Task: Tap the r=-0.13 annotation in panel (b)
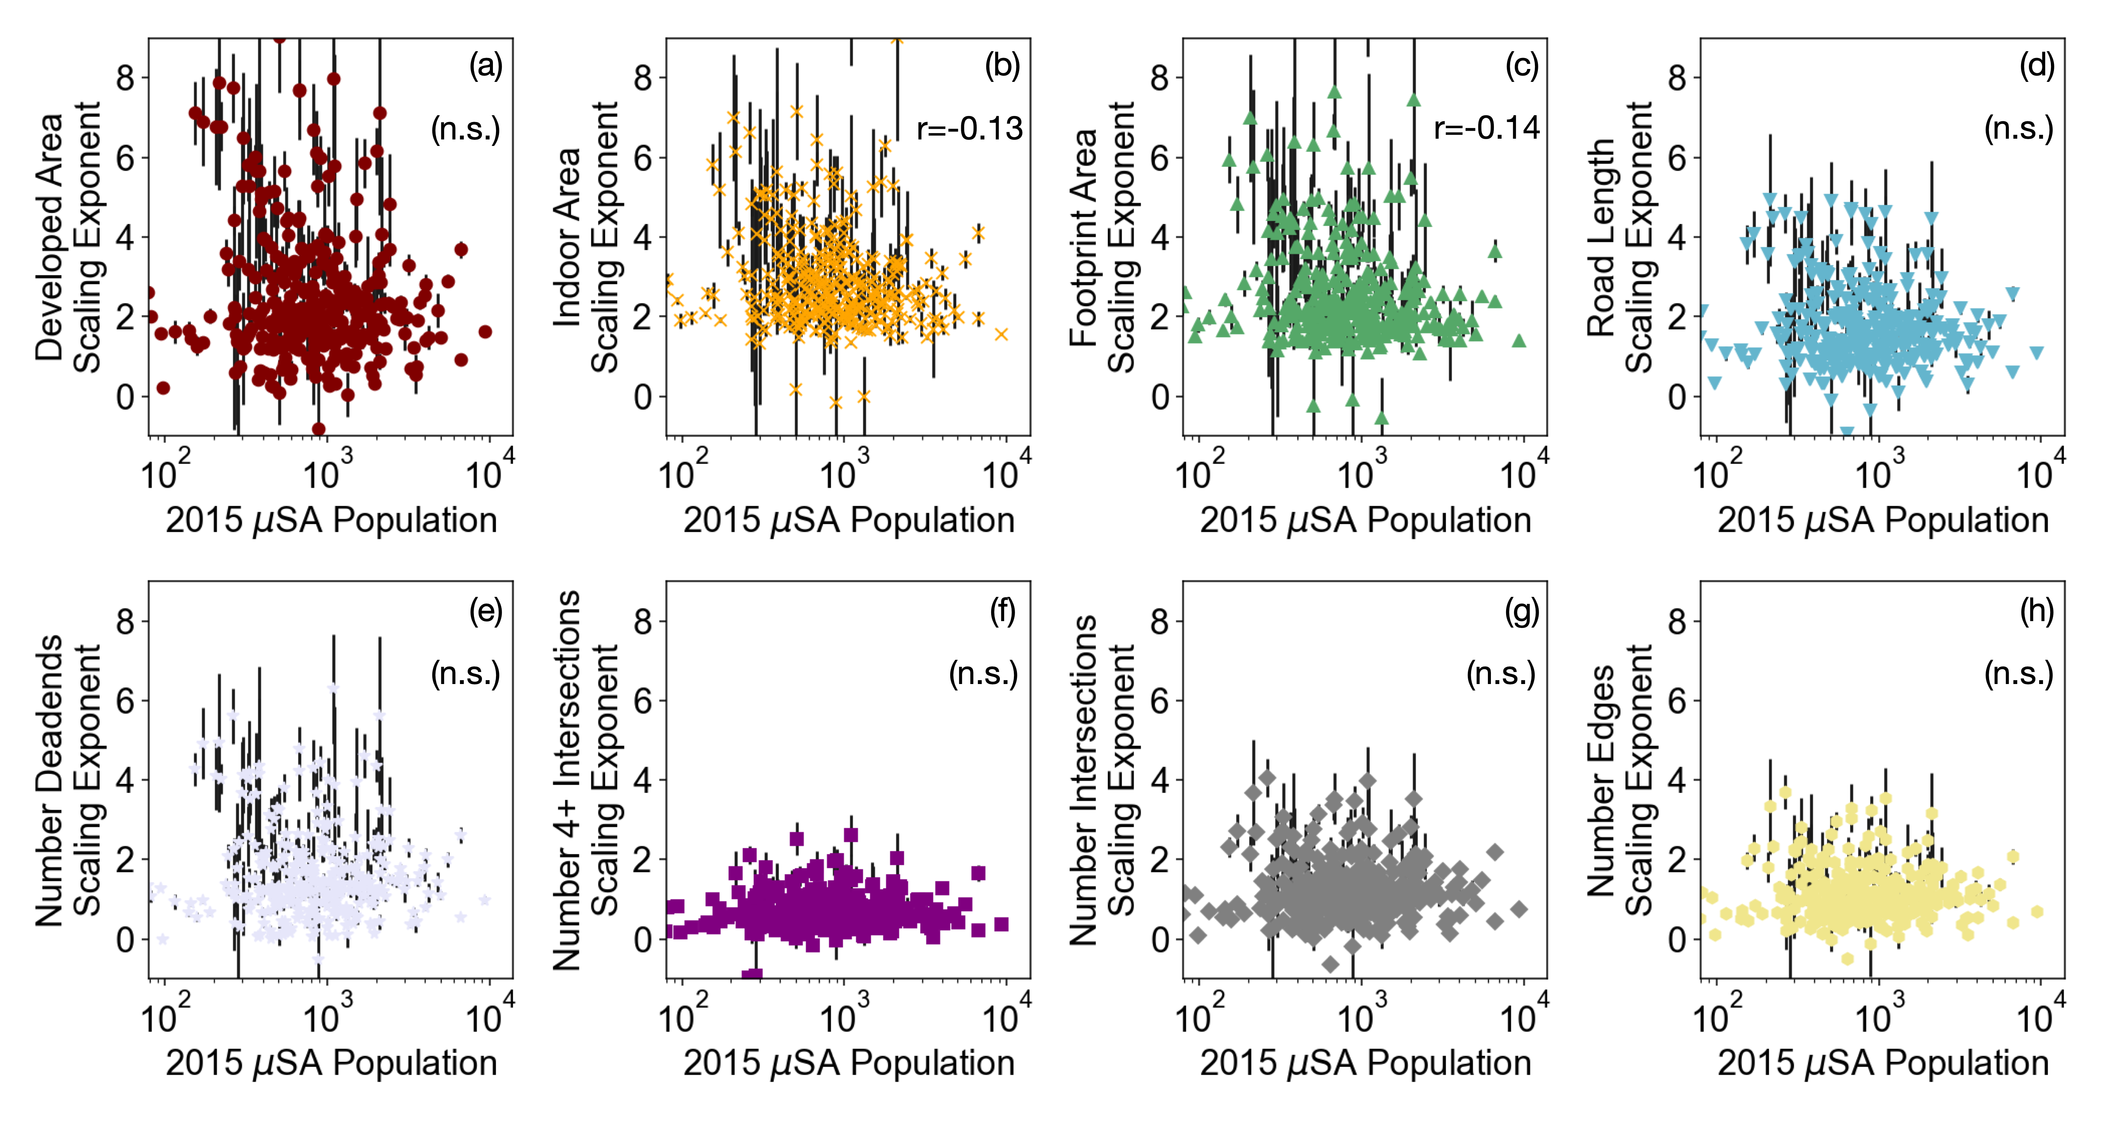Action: click(x=969, y=128)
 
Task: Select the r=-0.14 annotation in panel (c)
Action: click(x=1486, y=128)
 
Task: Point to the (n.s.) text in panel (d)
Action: click(x=2018, y=128)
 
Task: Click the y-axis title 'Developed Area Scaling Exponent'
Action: click(x=68, y=237)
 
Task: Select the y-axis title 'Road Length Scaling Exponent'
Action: click(x=1619, y=237)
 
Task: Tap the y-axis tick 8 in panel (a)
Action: click(x=125, y=78)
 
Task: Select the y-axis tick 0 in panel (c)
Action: click(x=1160, y=398)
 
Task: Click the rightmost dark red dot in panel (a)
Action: click(x=485, y=332)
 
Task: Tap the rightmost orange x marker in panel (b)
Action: click(x=1001, y=334)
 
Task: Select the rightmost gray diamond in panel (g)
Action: click(x=1519, y=909)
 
